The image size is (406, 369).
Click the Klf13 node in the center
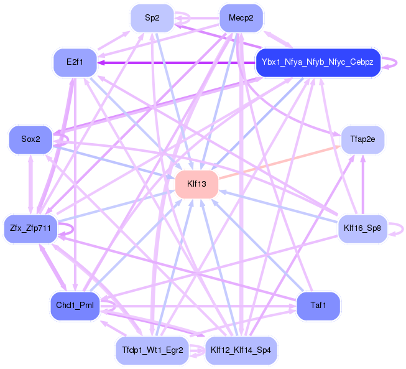click(x=196, y=184)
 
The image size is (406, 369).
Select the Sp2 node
click(x=152, y=18)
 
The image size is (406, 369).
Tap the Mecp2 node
click(x=241, y=18)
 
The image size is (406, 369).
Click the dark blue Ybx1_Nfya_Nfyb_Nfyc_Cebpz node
click(x=317, y=62)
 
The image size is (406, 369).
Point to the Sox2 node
click(x=30, y=139)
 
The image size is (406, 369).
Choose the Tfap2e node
click(x=362, y=139)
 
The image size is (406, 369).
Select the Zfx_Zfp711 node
click(x=30, y=228)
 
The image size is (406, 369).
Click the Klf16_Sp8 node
click(x=362, y=228)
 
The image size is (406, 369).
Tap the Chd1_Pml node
click(x=75, y=306)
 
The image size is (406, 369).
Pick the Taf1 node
click(x=318, y=306)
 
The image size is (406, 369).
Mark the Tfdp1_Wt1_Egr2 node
click(x=152, y=350)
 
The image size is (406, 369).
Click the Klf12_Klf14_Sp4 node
click(x=241, y=350)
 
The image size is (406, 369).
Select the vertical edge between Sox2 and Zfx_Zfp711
click(x=30, y=184)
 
